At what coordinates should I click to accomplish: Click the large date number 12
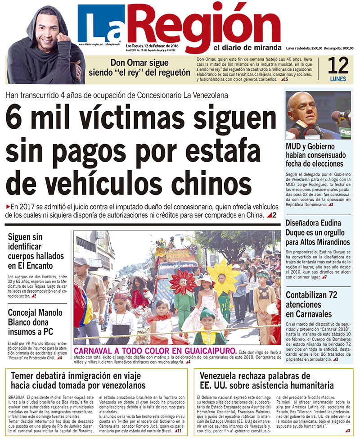pyautogui.click(x=338, y=66)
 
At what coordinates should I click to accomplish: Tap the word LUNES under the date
pyautogui.click(x=338, y=78)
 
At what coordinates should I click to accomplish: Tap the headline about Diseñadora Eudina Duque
pyautogui.click(x=317, y=233)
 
